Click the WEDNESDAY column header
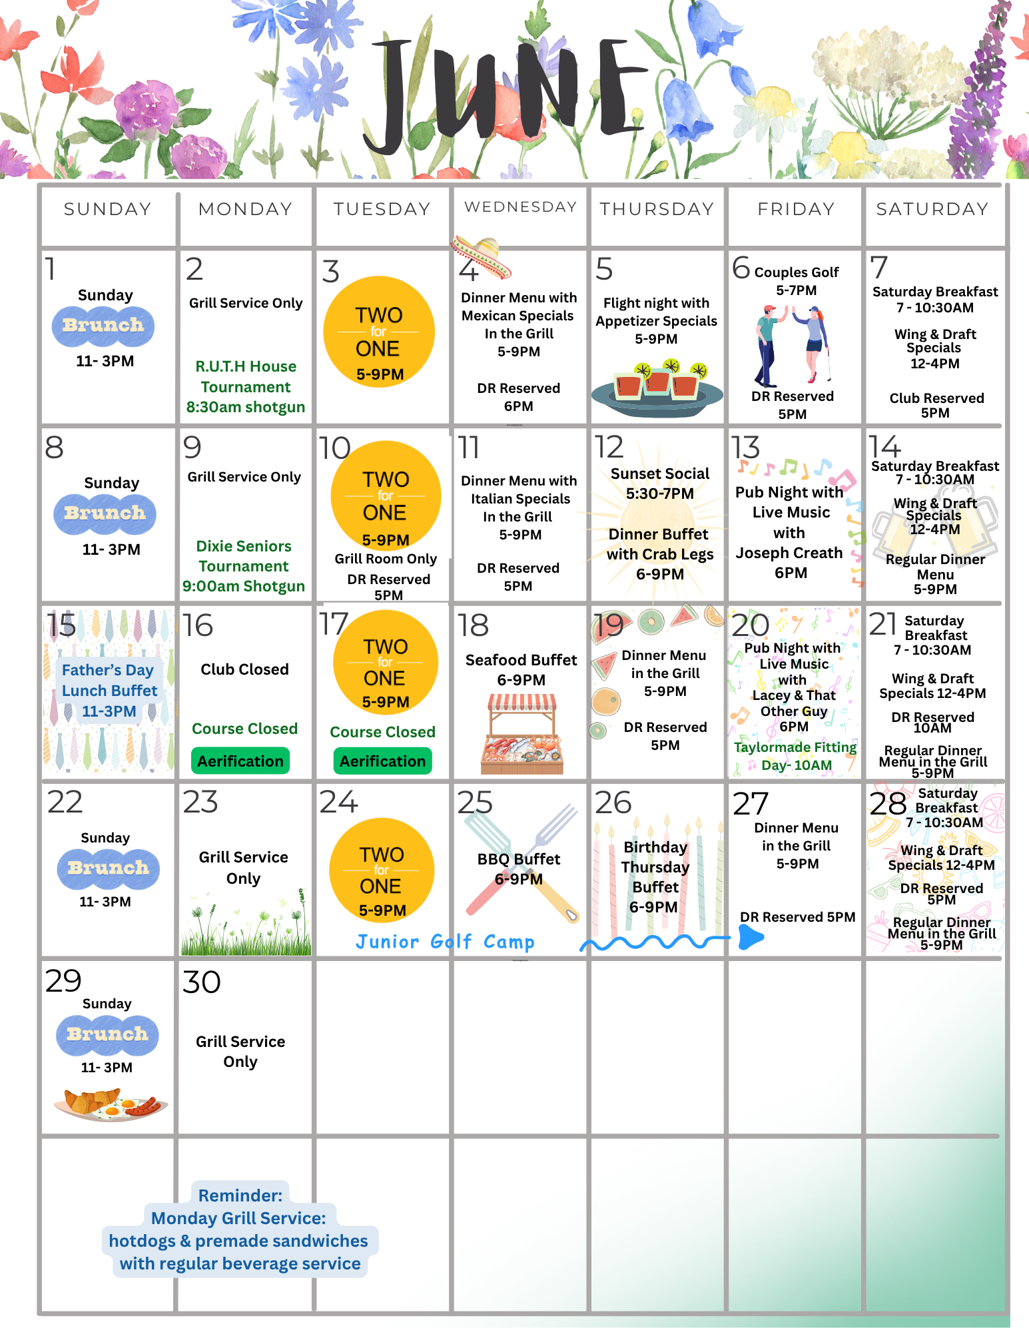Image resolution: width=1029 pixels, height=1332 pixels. coord(520,207)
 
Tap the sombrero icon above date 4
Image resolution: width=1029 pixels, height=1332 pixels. coord(480,256)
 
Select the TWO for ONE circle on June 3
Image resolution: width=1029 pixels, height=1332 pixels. coord(379,332)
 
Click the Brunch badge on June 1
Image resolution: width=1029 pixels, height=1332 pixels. coord(103,326)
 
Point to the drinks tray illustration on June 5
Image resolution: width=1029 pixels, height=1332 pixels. coord(657,389)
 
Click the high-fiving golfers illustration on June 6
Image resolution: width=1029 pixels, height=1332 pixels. coord(793,345)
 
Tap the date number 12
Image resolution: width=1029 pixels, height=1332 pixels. coord(609,447)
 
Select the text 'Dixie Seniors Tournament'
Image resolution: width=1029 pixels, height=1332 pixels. coord(244,556)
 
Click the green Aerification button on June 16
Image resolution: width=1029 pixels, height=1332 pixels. coord(240,761)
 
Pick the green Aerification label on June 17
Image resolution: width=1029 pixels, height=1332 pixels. coord(382,761)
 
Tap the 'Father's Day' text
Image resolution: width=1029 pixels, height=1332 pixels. coord(108,670)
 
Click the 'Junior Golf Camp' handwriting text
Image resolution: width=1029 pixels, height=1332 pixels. coord(445,942)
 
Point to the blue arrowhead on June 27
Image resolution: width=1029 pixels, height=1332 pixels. coord(751,938)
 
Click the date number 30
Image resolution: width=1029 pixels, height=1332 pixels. coord(201,982)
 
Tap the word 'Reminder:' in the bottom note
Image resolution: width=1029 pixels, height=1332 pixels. coord(240,1195)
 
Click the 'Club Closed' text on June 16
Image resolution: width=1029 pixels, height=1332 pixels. coord(245,669)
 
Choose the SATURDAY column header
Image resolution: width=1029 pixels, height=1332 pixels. coord(932,209)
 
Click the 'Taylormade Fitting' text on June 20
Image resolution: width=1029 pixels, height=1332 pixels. coord(795,747)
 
